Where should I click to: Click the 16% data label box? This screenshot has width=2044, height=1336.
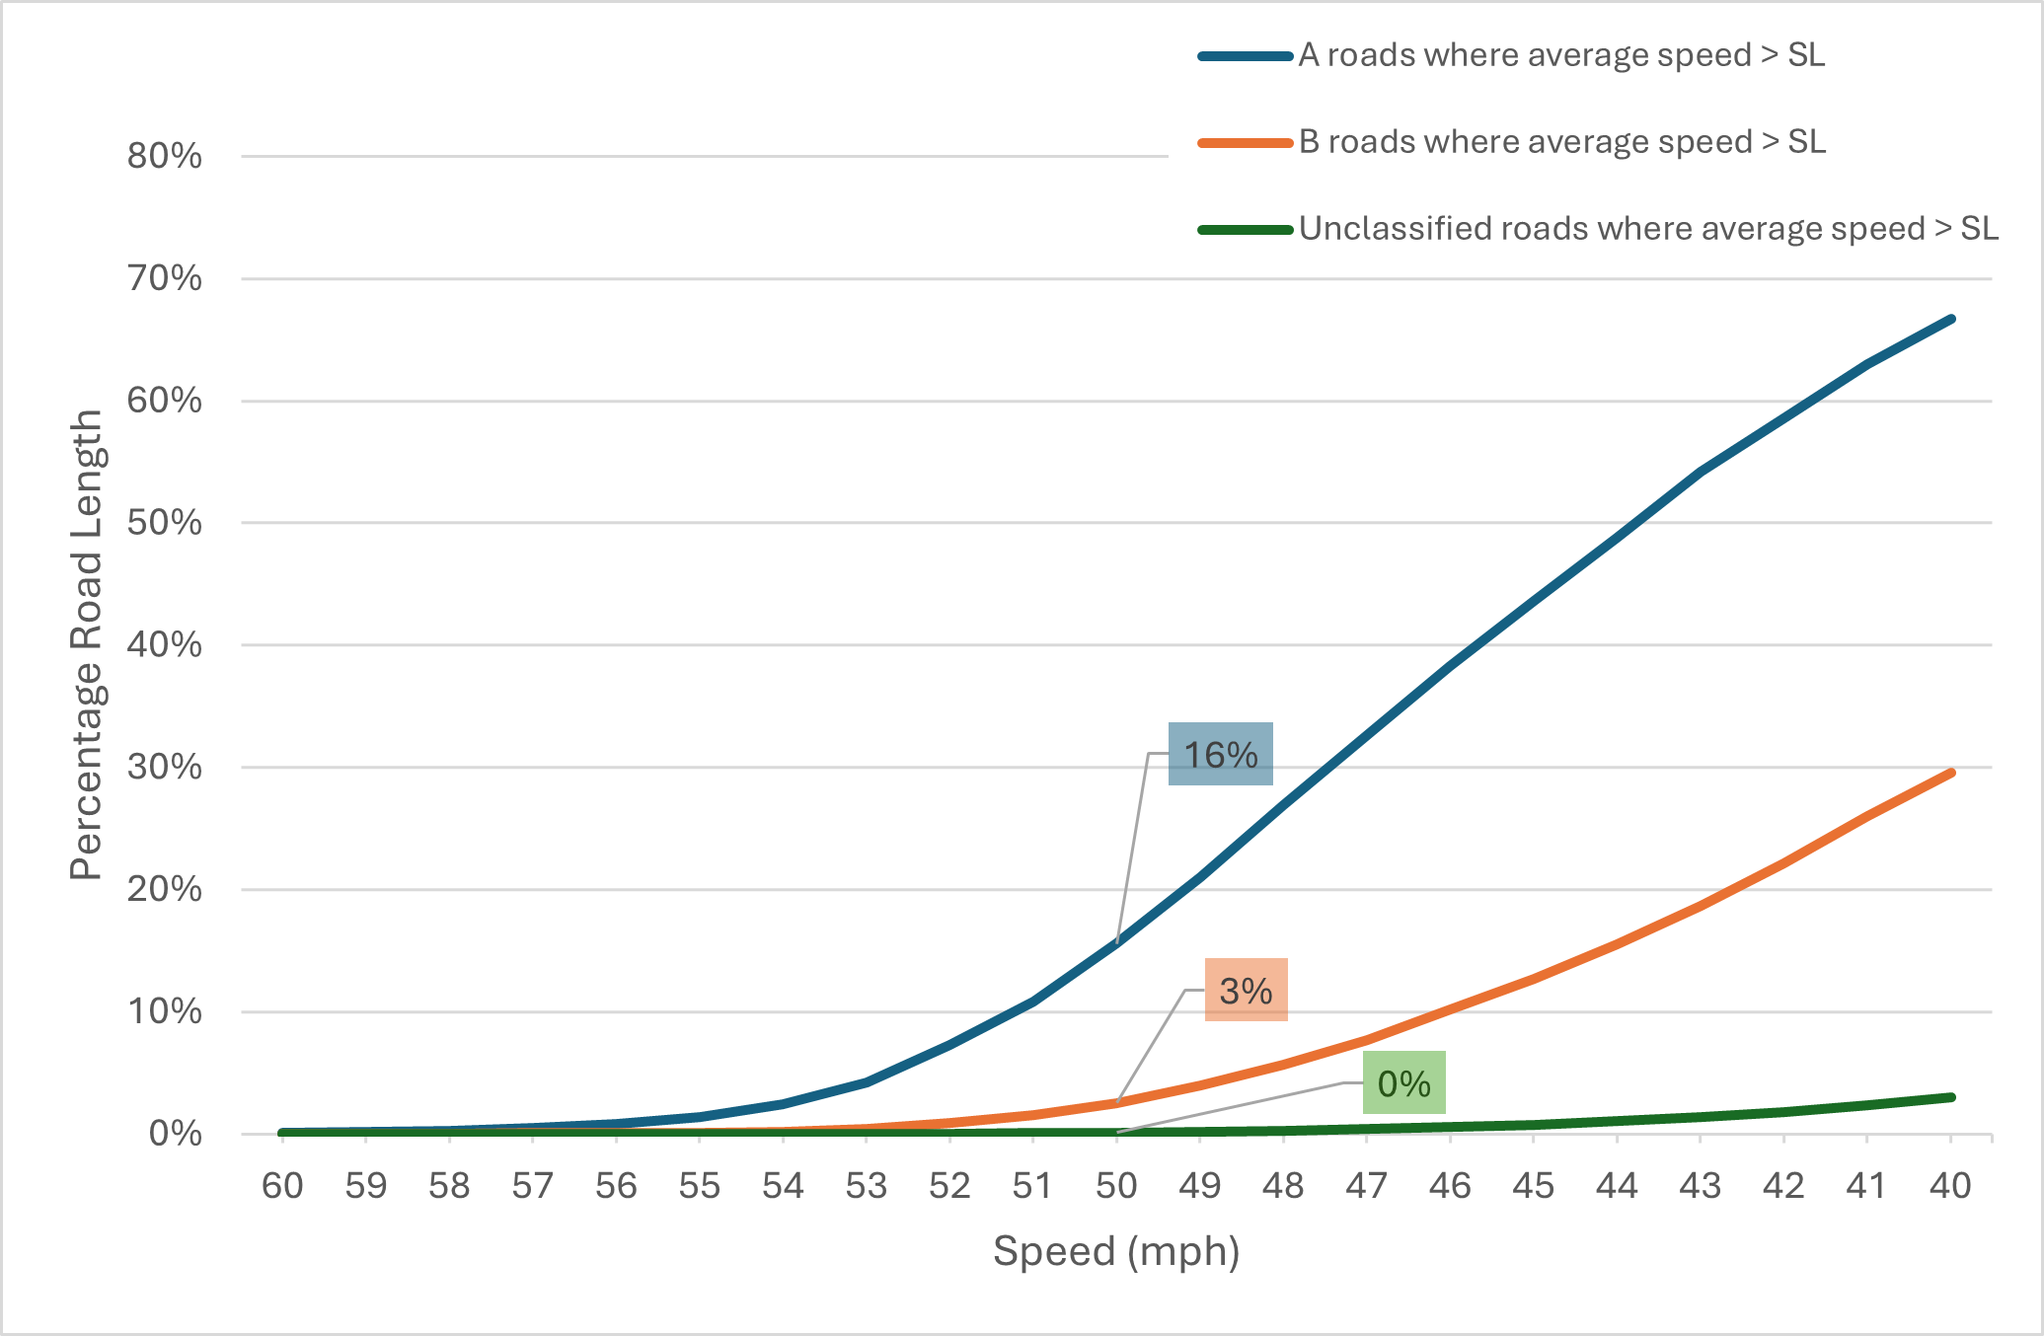(x=1220, y=755)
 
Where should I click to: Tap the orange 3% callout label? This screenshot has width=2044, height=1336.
(x=1246, y=990)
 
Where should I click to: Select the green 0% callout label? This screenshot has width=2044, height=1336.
(x=1403, y=1083)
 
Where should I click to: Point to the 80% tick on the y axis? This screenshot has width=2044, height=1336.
(x=165, y=157)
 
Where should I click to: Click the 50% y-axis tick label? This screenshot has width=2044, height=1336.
(x=165, y=523)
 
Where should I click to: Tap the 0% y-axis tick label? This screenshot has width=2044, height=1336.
(x=176, y=1134)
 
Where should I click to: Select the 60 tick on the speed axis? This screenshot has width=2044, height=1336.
(x=282, y=1186)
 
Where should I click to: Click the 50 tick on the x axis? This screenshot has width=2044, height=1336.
(x=1116, y=1186)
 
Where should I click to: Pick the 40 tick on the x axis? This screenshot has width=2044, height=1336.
(x=1950, y=1186)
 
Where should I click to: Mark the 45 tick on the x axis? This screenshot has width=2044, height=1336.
(x=1534, y=1186)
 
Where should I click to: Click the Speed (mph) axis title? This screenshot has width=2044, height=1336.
(x=1116, y=1251)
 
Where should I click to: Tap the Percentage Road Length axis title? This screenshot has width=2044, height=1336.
(x=87, y=644)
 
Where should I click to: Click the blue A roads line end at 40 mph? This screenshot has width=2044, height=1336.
(x=1951, y=319)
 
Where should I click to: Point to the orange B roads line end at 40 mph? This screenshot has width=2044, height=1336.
(x=1951, y=773)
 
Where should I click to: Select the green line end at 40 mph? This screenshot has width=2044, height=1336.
(x=1951, y=1097)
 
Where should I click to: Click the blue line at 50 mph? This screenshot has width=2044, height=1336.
(x=1116, y=941)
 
